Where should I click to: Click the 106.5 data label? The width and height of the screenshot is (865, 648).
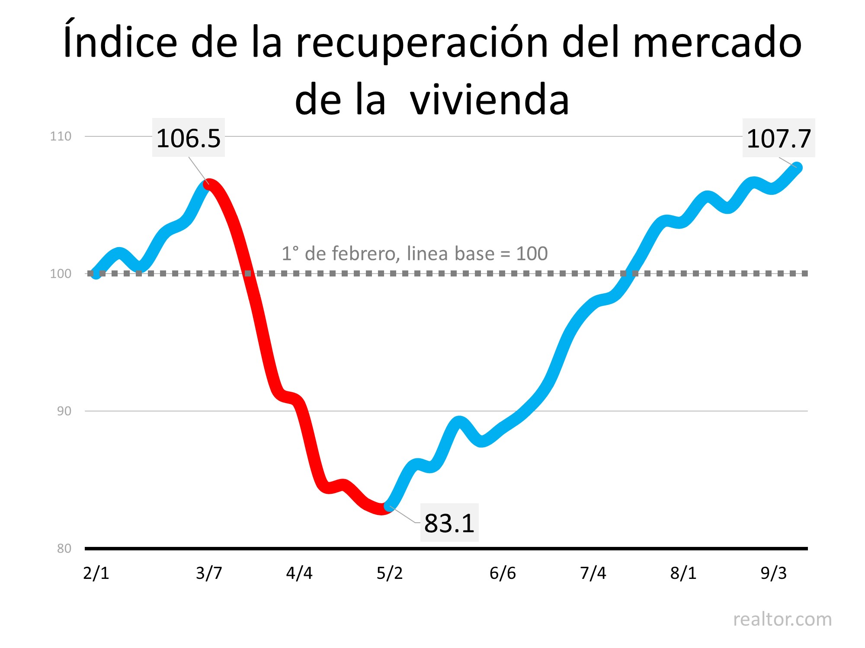pyautogui.click(x=188, y=138)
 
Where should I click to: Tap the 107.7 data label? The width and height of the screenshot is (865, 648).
pyautogui.click(x=778, y=138)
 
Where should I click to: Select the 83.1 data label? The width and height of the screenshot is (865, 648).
pyautogui.click(x=449, y=523)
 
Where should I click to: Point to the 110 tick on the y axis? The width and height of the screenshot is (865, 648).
pyautogui.click(x=61, y=137)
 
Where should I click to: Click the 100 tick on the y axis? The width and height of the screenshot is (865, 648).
pyautogui.click(x=61, y=274)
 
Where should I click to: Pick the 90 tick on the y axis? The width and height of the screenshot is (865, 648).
pyautogui.click(x=64, y=411)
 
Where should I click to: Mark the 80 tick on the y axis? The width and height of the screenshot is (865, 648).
pyautogui.click(x=64, y=549)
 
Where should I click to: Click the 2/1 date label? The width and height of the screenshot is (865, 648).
pyautogui.click(x=96, y=573)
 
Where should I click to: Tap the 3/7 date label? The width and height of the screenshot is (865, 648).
pyautogui.click(x=209, y=573)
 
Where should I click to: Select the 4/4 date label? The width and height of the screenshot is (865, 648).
pyautogui.click(x=299, y=573)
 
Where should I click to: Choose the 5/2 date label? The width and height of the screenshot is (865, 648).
pyautogui.click(x=390, y=573)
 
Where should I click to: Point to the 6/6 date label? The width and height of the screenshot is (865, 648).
pyautogui.click(x=503, y=573)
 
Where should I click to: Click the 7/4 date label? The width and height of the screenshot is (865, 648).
pyautogui.click(x=593, y=573)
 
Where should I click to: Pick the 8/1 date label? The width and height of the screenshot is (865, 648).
pyautogui.click(x=683, y=573)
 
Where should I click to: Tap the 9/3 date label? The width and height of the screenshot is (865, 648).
pyautogui.click(x=774, y=573)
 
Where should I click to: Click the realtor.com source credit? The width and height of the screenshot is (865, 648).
pyautogui.click(x=782, y=619)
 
